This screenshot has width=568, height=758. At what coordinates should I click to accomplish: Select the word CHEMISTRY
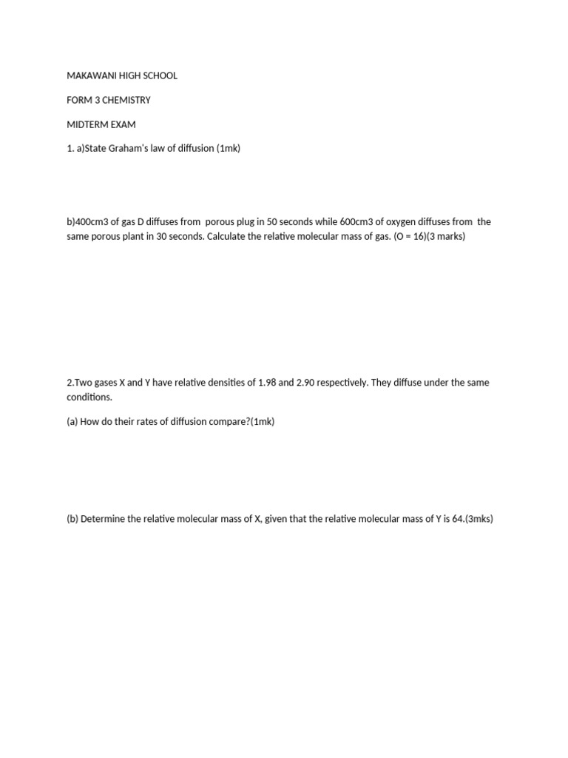click(x=127, y=100)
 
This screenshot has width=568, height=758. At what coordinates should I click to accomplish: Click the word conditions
click(x=89, y=397)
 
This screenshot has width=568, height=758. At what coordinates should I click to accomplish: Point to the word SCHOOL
click(x=160, y=76)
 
